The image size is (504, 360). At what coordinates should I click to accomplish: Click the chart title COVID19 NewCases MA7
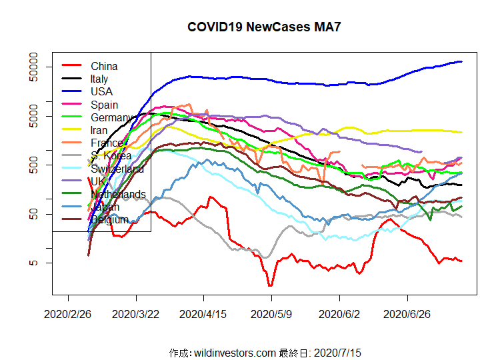tap(265, 27)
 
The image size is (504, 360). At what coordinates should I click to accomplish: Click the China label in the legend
tap(104, 66)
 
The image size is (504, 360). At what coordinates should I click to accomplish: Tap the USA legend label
tap(101, 91)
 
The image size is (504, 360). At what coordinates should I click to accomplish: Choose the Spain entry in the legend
tap(104, 104)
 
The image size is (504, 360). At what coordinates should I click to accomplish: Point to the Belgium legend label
tap(109, 219)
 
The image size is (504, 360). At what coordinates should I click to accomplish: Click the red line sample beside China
tap(71, 66)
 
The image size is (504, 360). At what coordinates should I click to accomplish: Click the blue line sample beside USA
tap(71, 91)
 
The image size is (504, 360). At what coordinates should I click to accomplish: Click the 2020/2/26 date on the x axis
tap(68, 312)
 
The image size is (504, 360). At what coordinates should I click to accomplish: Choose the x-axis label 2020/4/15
tap(204, 312)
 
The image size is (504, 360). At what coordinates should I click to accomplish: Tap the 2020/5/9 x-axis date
tap(272, 312)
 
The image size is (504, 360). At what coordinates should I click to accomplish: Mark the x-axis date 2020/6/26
tap(408, 312)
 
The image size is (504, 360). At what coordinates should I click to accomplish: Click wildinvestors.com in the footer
tap(233, 351)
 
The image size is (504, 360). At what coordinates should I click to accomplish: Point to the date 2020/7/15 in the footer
tap(337, 351)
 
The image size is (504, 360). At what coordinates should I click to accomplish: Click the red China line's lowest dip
tap(270, 285)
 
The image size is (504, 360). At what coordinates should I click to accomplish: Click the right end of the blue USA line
tap(461, 62)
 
